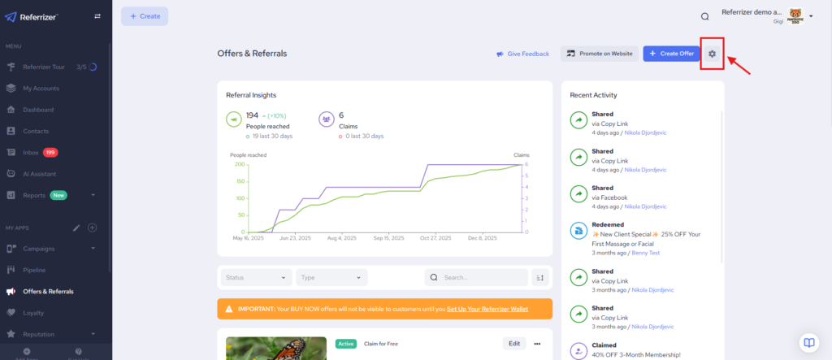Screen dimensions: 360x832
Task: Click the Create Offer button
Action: click(x=670, y=54)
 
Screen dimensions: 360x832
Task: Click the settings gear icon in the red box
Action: click(x=712, y=54)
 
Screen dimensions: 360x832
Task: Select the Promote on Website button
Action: click(x=599, y=54)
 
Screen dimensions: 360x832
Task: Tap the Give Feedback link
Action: click(x=522, y=54)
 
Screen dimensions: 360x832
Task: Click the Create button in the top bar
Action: click(x=145, y=15)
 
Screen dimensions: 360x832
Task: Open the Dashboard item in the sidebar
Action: click(x=38, y=110)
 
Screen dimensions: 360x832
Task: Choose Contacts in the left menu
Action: click(x=37, y=131)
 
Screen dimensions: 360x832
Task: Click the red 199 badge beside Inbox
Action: click(x=50, y=152)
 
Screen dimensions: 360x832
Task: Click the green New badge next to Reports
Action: click(x=58, y=195)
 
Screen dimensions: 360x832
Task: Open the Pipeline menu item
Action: click(x=35, y=269)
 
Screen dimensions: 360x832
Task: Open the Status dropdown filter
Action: click(x=256, y=277)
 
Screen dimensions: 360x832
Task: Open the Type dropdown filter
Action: click(x=331, y=277)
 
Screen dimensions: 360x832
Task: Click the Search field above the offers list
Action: click(x=479, y=277)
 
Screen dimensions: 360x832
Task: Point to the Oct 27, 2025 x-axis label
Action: click(x=435, y=238)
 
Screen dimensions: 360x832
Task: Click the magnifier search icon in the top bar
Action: click(x=704, y=15)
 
